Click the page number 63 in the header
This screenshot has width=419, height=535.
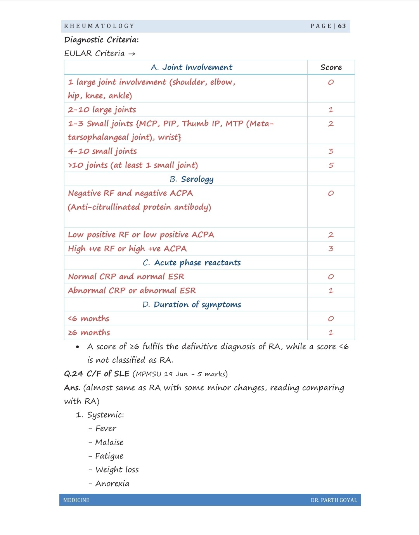click(342, 26)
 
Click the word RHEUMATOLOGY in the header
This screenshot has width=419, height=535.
click(99, 26)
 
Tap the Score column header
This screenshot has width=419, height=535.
click(331, 67)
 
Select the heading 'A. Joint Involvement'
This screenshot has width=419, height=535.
click(192, 67)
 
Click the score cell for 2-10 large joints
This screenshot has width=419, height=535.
click(331, 110)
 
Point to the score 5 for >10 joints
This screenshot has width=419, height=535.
click(331, 165)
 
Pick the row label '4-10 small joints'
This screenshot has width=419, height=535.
click(102, 151)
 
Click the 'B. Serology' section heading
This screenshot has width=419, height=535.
click(192, 179)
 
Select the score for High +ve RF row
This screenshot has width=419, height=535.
click(331, 249)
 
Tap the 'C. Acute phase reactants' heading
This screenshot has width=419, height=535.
click(192, 263)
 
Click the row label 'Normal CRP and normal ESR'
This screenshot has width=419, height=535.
click(126, 277)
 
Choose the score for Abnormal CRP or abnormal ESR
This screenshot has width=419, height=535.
click(331, 291)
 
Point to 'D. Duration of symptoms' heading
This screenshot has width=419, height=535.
click(192, 305)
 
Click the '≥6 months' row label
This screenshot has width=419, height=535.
click(89, 333)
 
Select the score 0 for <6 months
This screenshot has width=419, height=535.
click(331, 319)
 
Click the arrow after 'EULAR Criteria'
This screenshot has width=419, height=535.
click(132, 54)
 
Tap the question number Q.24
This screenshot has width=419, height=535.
click(74, 374)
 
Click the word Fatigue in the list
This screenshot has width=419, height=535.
click(109, 456)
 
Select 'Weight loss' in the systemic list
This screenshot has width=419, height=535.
click(117, 470)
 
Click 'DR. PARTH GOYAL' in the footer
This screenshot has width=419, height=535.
click(334, 500)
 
